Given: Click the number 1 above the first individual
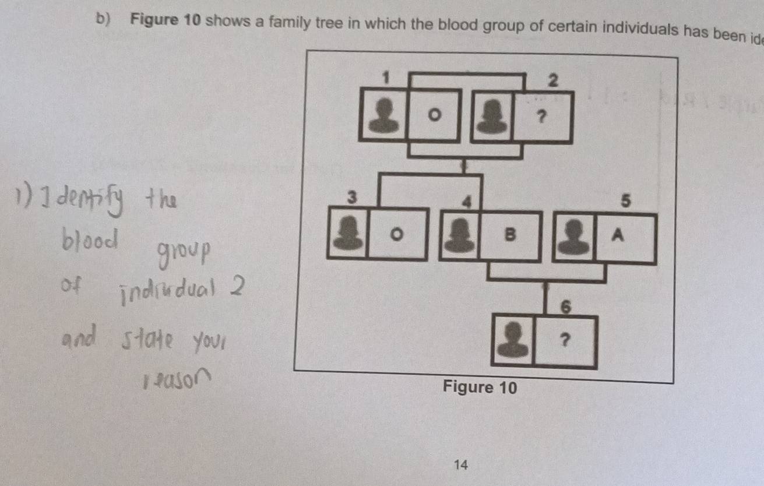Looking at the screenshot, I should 385,76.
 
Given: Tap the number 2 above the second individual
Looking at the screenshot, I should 552,81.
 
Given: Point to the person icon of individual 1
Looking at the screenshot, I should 383,115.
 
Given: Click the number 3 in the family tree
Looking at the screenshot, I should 351,197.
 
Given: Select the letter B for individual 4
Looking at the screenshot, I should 511,234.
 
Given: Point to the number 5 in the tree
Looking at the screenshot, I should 625,202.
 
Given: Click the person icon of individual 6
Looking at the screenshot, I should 513,341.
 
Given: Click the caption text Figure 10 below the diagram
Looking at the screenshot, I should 480,387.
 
